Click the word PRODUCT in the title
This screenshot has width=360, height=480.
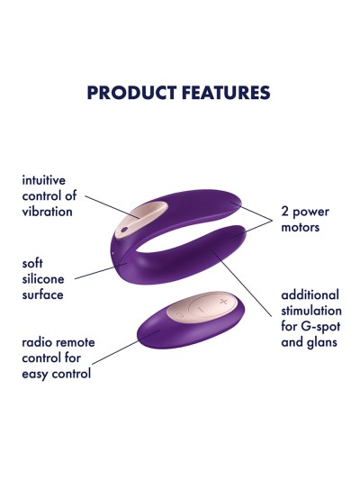128,93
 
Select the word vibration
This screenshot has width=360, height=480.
48,212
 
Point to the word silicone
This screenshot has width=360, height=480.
42,279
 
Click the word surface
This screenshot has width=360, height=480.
42,294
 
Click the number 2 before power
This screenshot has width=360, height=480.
285,212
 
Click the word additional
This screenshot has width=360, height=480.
310,294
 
